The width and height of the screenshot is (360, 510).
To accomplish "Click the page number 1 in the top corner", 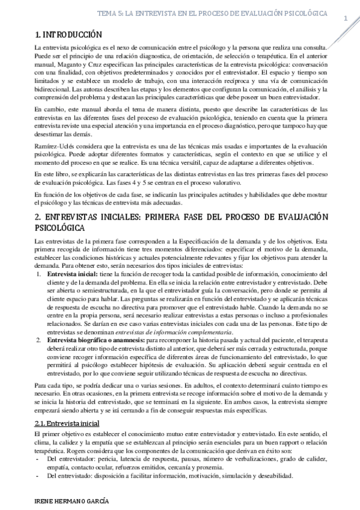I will click(346, 19).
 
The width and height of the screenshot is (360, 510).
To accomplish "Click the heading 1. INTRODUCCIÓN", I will click(69, 35).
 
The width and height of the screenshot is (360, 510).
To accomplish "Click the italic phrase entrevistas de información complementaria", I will click(191, 332).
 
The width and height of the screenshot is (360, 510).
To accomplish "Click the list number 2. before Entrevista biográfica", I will click(40, 340).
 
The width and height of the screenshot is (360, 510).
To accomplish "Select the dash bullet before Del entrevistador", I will click(38, 459).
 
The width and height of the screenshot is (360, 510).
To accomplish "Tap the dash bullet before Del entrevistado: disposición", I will click(38, 476).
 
